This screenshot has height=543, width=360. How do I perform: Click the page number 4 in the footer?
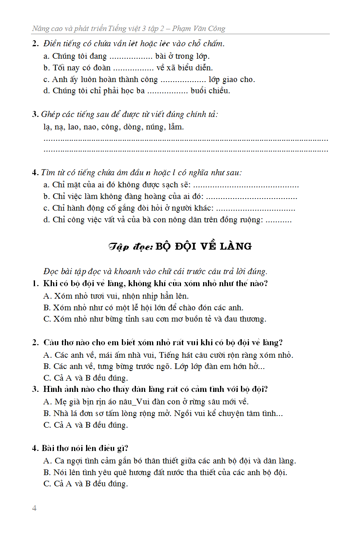(34, 508)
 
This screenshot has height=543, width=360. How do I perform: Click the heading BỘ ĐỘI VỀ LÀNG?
(204, 246)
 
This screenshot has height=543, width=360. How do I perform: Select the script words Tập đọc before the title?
(131, 247)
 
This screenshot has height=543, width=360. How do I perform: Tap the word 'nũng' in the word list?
(154, 127)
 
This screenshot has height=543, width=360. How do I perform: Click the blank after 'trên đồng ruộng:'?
(279, 220)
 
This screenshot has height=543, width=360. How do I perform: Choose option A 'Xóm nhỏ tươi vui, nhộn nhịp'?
(116, 296)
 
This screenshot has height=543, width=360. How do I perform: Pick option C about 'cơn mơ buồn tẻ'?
(154, 319)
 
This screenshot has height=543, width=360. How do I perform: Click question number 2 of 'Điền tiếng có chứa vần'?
(35, 44)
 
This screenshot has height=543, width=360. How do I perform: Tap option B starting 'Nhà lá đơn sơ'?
(163, 413)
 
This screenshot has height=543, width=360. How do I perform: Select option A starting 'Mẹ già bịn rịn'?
(146, 402)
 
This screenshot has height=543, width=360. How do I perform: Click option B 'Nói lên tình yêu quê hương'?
(165, 472)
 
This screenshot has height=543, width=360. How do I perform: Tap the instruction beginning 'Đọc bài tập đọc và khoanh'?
(155, 271)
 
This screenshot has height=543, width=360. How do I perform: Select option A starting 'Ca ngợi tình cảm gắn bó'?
(169, 461)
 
